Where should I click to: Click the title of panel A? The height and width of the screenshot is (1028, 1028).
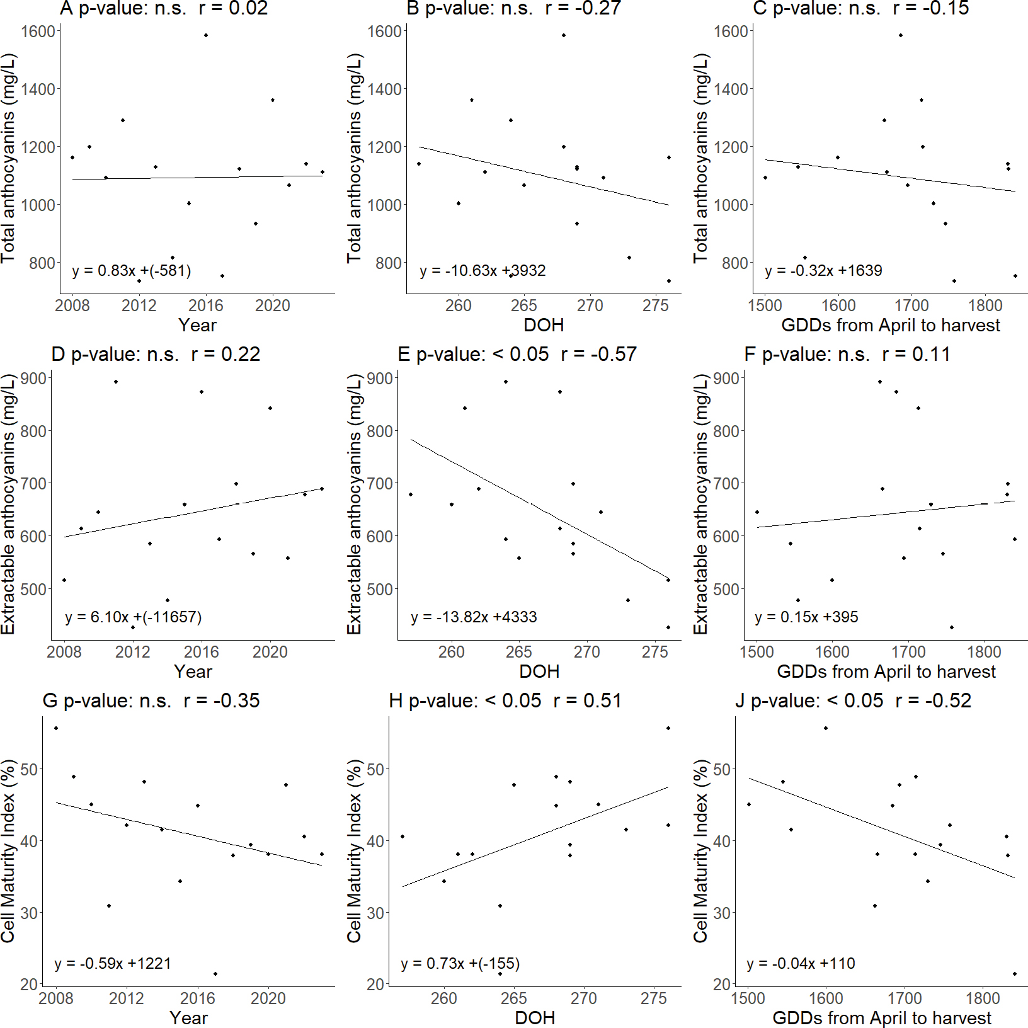pos(164,9)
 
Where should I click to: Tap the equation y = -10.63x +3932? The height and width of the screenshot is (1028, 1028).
pos(483,271)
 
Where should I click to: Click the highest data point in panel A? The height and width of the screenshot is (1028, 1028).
pos(206,35)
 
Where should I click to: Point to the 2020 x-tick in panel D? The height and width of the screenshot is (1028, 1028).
pos(270,652)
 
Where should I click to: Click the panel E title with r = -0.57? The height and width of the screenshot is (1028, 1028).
pos(517,355)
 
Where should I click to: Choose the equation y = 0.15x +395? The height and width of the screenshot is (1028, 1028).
pos(806,617)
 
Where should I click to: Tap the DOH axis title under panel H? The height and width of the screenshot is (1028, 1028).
pos(535,1018)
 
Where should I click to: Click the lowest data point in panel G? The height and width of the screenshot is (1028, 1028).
pos(215,974)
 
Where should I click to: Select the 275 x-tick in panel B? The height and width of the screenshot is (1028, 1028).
pos(655,306)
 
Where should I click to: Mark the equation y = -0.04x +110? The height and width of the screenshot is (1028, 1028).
pos(801,964)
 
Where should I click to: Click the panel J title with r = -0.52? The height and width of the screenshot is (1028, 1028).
pos(853,701)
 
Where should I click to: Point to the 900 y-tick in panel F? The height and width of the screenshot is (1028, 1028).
pos(726,379)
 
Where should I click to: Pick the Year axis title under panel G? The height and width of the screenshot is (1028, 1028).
pos(188,1018)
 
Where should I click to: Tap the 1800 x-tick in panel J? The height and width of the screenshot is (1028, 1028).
pos(983,999)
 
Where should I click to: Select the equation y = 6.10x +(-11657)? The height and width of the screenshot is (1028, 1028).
pos(133,617)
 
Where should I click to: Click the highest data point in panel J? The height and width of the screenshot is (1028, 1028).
pos(826,728)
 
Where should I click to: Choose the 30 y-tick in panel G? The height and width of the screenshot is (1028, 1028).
pos(29,913)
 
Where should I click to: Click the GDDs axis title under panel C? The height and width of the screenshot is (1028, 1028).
pos(890,326)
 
